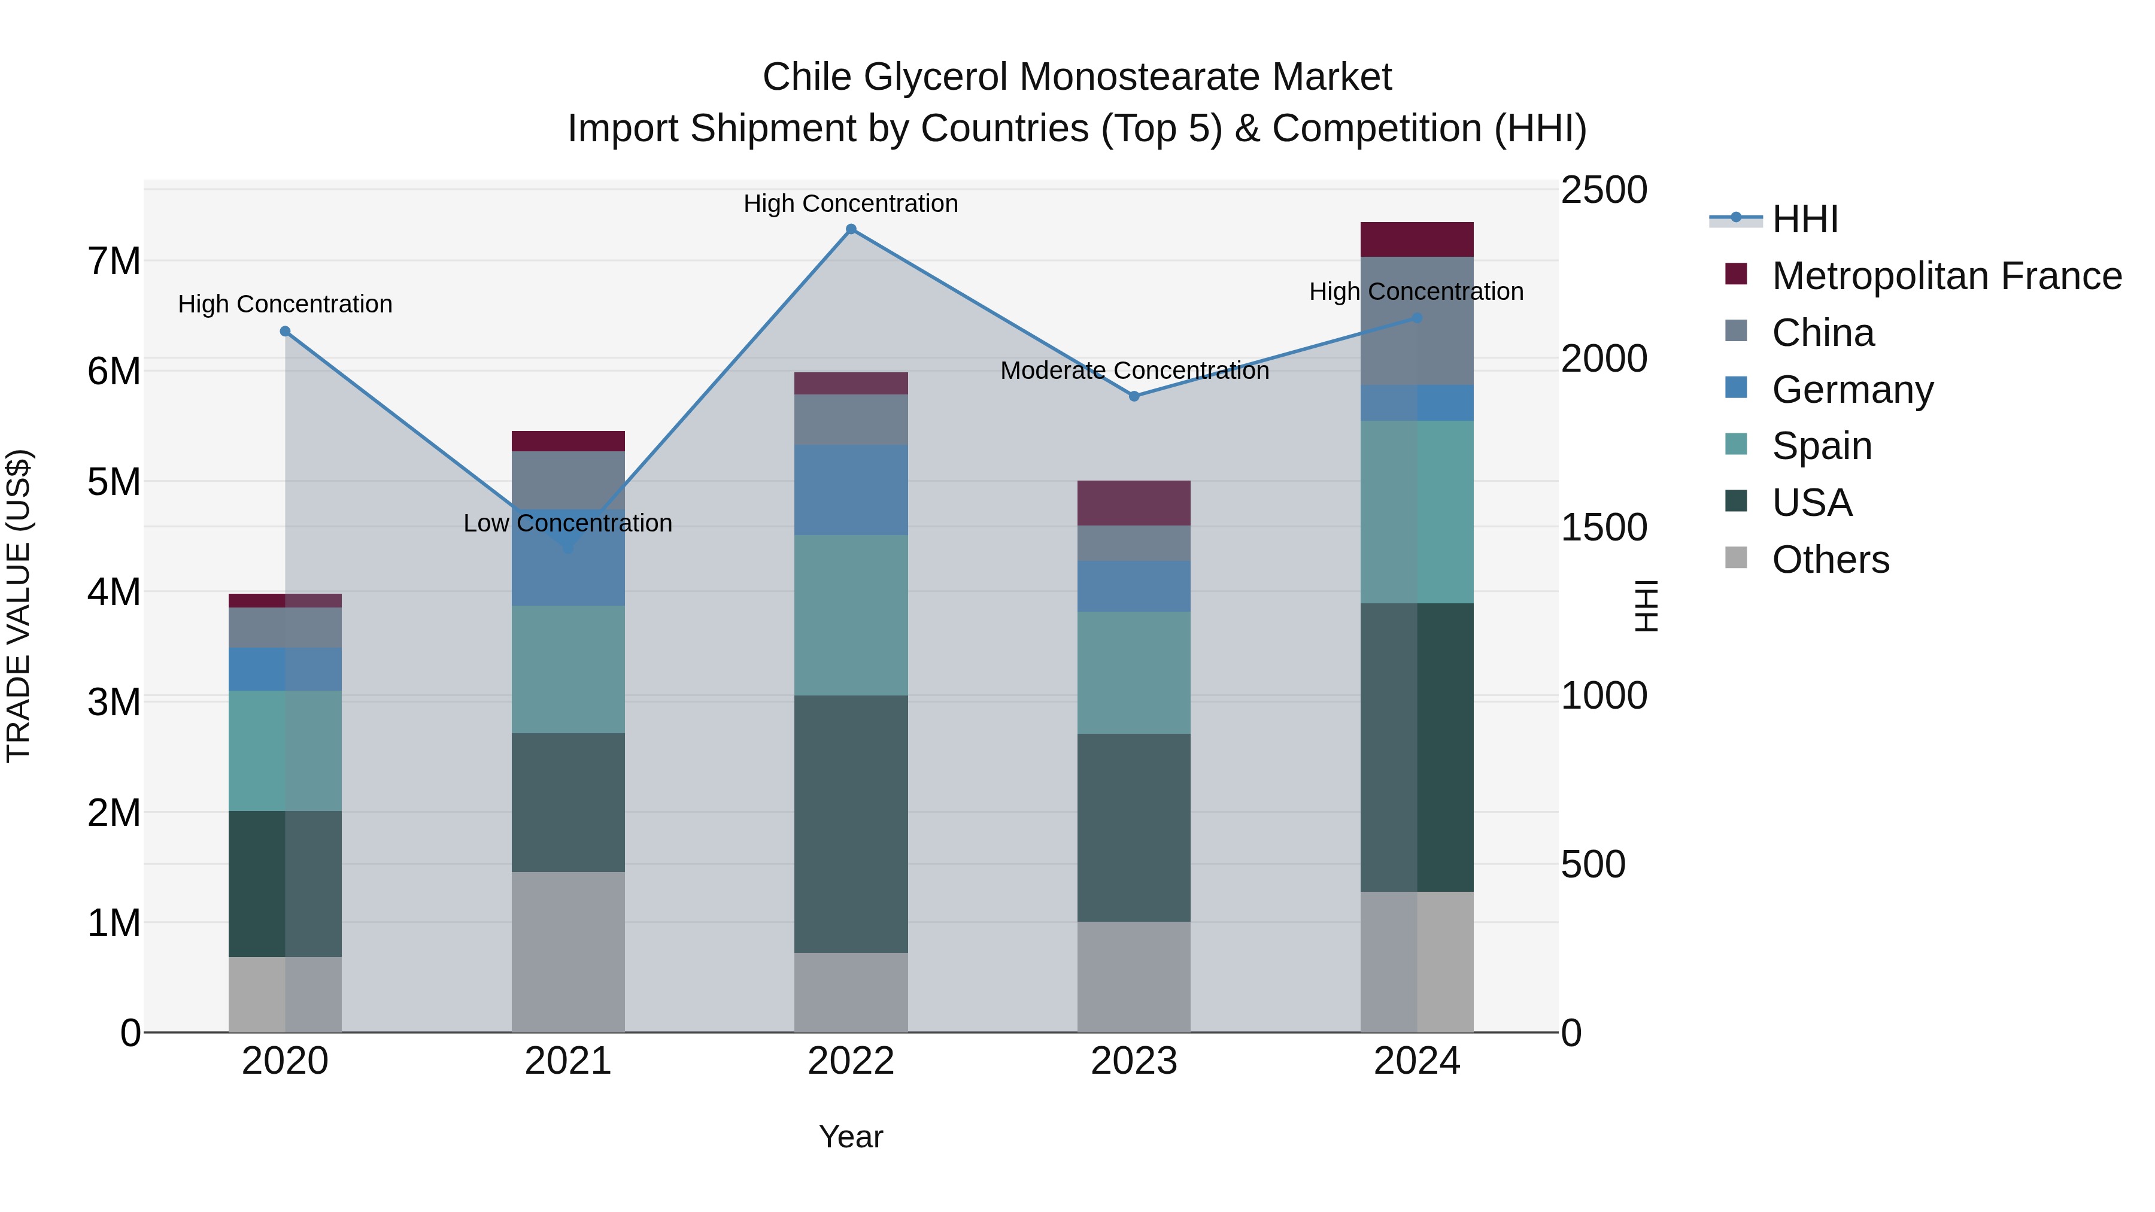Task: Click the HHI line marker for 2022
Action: pyautogui.click(x=851, y=229)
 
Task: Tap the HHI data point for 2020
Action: pyautogui.click(x=286, y=331)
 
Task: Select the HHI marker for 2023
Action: pyautogui.click(x=1134, y=396)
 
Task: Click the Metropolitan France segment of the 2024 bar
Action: pyautogui.click(x=1416, y=240)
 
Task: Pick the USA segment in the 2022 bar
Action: pyautogui.click(x=851, y=824)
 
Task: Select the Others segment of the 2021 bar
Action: pyautogui.click(x=568, y=952)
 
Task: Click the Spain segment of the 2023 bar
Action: pyautogui.click(x=1134, y=673)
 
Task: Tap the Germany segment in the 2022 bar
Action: pyautogui.click(x=851, y=490)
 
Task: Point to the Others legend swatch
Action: pyautogui.click(x=1736, y=558)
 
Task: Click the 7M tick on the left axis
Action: pyautogui.click(x=114, y=262)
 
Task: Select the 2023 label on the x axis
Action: pyautogui.click(x=1134, y=1061)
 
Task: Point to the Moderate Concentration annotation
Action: pyautogui.click(x=1134, y=370)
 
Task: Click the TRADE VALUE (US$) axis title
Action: pyautogui.click(x=19, y=606)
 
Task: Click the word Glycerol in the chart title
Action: pyautogui.click(x=935, y=77)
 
